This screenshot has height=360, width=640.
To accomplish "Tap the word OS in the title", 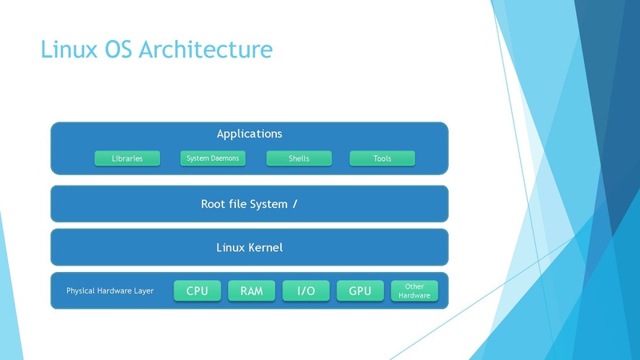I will [119, 50].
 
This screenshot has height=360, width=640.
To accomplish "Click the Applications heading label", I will [250, 134].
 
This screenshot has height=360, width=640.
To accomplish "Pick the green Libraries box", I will [127, 158].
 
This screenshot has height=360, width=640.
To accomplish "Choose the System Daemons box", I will [213, 158].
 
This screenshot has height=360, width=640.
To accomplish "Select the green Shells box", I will [298, 158].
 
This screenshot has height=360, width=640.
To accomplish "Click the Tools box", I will [382, 158].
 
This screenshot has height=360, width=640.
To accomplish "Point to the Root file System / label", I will [250, 204].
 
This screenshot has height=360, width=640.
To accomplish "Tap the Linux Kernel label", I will [250, 247].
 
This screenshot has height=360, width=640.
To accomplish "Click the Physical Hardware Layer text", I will [110, 291].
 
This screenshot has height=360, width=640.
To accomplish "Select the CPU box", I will [197, 291].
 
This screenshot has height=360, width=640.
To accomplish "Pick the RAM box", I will [251, 291].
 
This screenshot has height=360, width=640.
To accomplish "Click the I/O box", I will [306, 291].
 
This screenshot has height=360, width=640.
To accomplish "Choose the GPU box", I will [360, 291].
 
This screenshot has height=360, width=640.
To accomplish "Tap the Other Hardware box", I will [414, 291].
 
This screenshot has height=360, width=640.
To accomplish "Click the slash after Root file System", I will [295, 204].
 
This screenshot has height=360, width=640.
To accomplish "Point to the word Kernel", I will [266, 247].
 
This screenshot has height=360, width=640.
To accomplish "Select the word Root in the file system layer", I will [214, 204].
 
